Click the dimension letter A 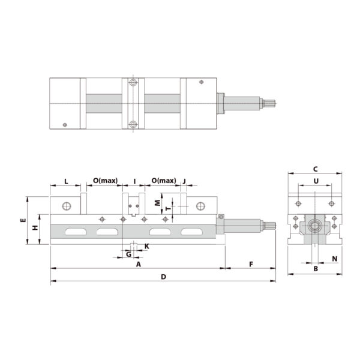138,264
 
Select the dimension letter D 163,277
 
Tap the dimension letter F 251,264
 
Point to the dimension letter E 23,221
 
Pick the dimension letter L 65,181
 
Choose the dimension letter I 134,181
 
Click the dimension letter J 184,181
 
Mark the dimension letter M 157,203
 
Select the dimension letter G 128,254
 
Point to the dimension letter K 146,247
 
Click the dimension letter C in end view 315,169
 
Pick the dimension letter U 315,181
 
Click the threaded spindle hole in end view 315,227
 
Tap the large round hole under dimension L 65,206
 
